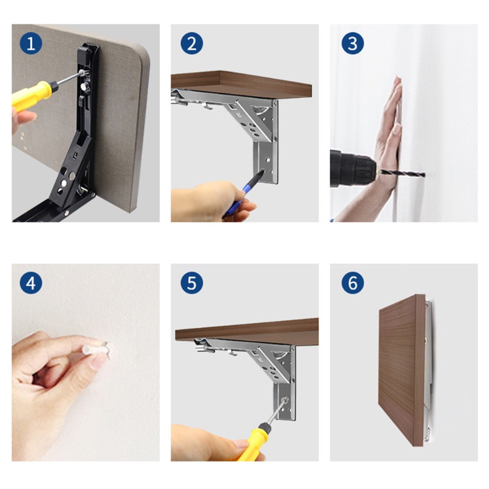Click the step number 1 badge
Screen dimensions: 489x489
pos(31,43)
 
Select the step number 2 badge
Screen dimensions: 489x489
pos(192,43)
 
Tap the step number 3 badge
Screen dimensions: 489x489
pos(353,43)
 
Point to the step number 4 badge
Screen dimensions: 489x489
pos(31,283)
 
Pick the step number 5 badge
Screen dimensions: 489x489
pos(192,283)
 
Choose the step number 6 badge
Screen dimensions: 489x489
pos(353,283)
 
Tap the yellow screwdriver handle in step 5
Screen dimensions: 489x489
pos(253,443)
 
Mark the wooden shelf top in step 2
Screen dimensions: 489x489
pos(241,84)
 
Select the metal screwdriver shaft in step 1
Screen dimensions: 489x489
pos(70,78)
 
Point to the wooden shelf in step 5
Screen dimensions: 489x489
pos(247,332)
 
